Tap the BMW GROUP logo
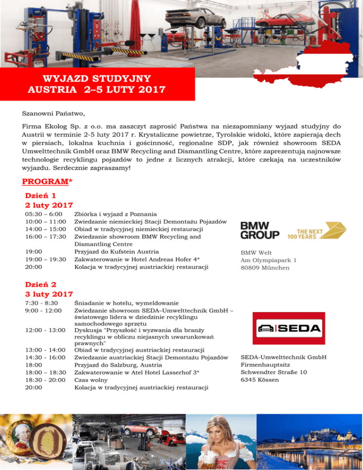(259, 231)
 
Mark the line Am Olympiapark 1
(268, 260)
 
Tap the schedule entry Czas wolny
(91, 380)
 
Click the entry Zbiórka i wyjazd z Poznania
(116, 214)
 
